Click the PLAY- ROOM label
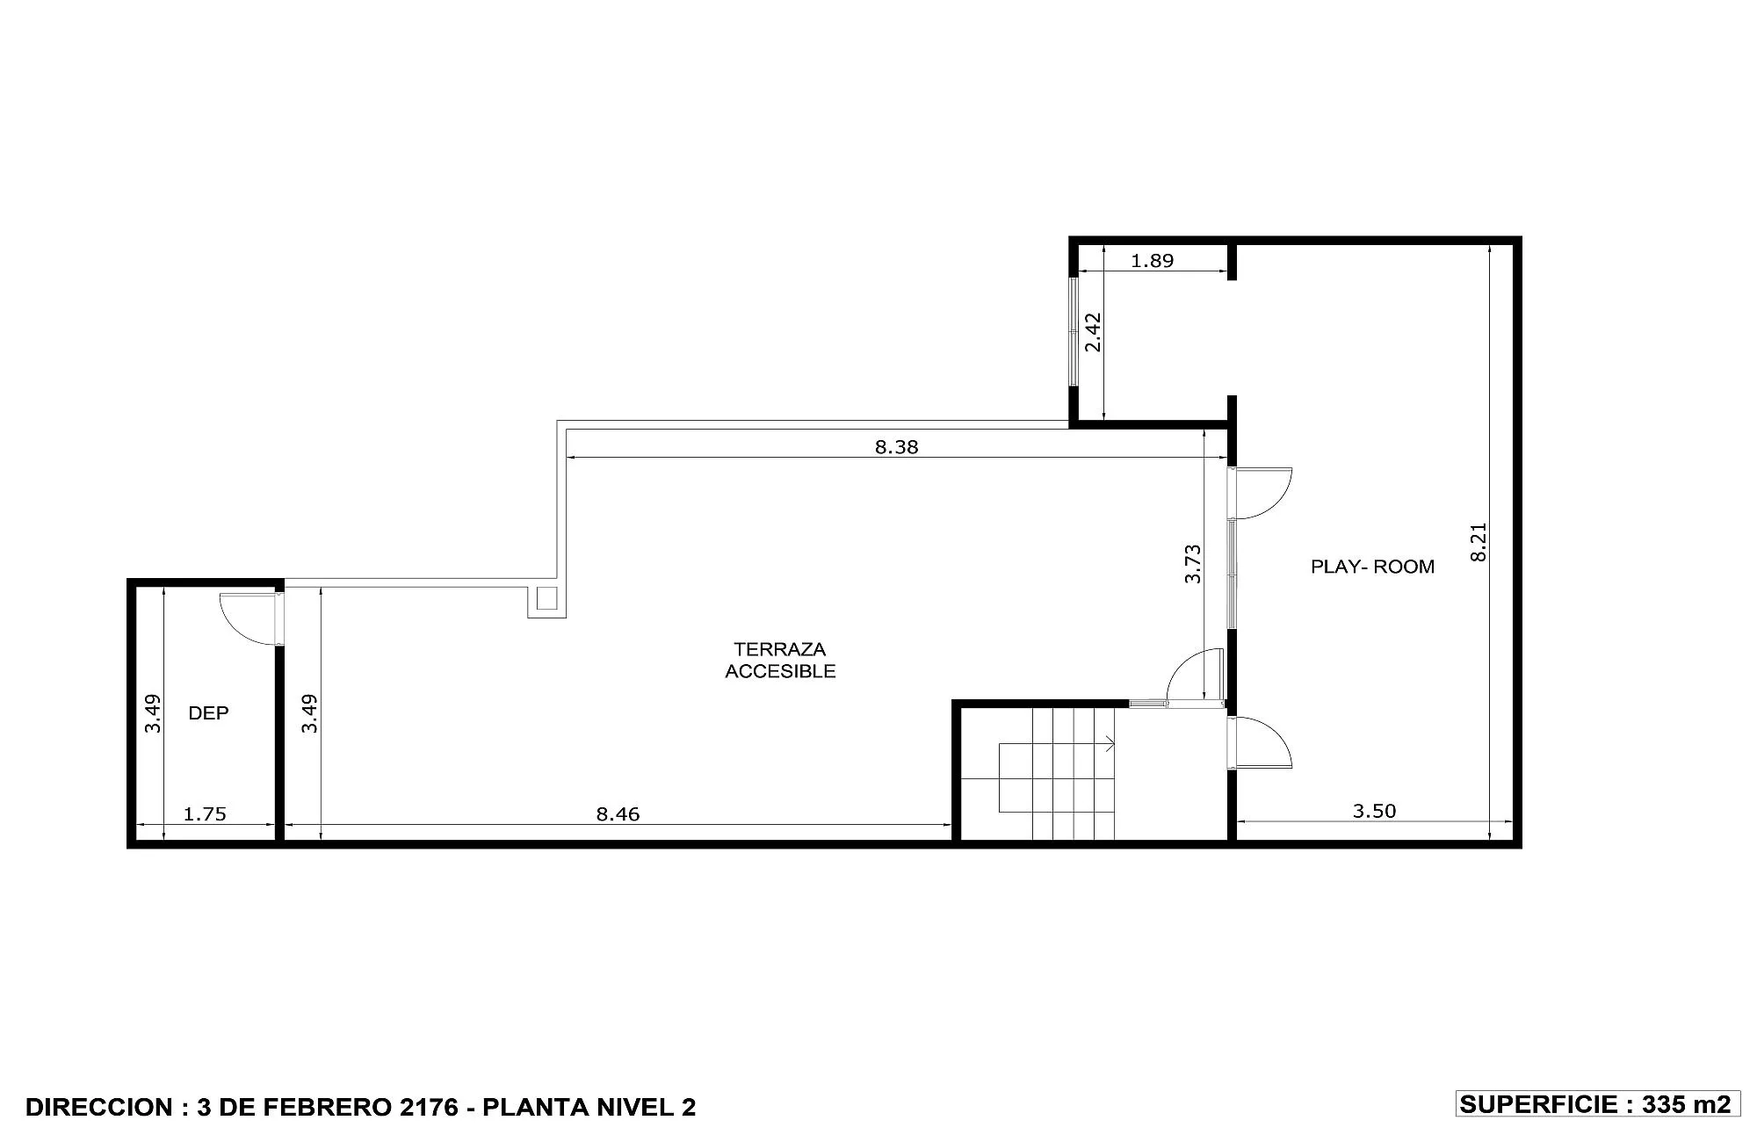[1372, 567]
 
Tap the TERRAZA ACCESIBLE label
[780, 660]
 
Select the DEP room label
[208, 712]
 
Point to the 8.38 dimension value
[896, 446]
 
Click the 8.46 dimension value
[618, 813]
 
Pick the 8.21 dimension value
[1479, 542]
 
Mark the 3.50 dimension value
[1374, 811]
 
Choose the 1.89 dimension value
[1152, 260]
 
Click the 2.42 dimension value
[1093, 332]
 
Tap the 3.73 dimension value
[1192, 564]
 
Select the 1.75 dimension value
[205, 813]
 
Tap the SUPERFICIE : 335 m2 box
[1598, 1104]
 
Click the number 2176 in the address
[429, 1107]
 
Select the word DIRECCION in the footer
[100, 1107]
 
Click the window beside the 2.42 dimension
[1073, 331]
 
